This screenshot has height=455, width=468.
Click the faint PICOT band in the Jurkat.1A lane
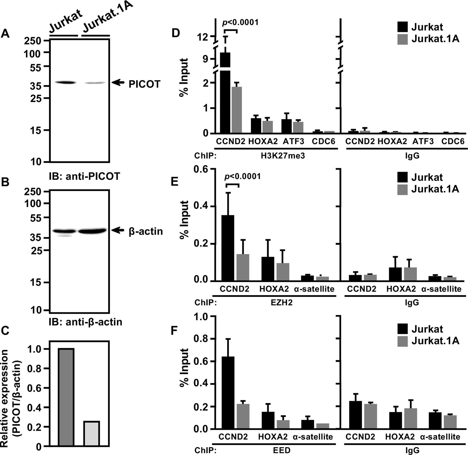pyautogui.click(x=95, y=83)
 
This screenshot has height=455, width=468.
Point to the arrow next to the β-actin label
pyautogui.click(x=118, y=230)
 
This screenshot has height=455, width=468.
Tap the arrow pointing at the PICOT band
pyautogui.click(x=118, y=83)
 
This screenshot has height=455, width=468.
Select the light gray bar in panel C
pyautogui.click(x=92, y=433)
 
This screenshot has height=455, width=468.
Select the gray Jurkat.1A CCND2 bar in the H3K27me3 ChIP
pyautogui.click(x=237, y=110)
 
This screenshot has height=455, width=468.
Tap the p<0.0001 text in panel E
pyautogui.click(x=242, y=176)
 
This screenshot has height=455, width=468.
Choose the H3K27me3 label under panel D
pyautogui.click(x=283, y=156)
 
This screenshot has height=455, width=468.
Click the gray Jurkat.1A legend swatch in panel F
pyautogui.click(x=402, y=341)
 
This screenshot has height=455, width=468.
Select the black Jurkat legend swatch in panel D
pyautogui.click(x=402, y=27)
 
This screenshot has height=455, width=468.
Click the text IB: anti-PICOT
pyautogui.click(x=85, y=176)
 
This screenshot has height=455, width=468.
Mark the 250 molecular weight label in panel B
pyautogui.click(x=32, y=191)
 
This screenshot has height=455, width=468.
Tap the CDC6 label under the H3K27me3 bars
pyautogui.click(x=323, y=141)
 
